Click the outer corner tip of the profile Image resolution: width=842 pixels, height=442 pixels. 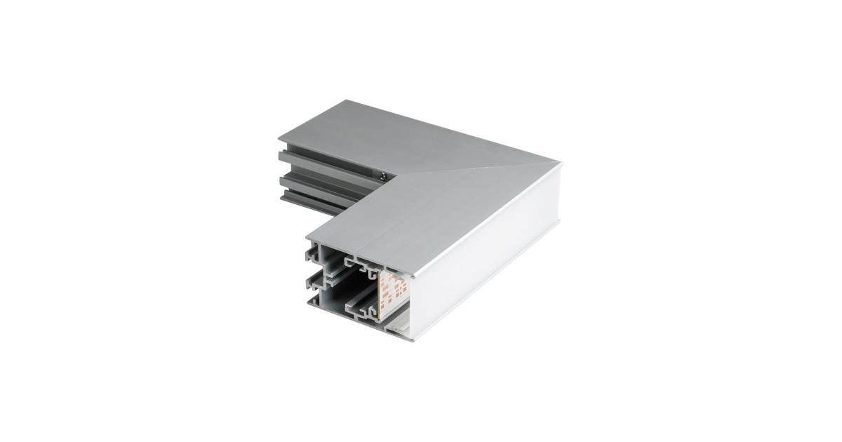559,162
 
